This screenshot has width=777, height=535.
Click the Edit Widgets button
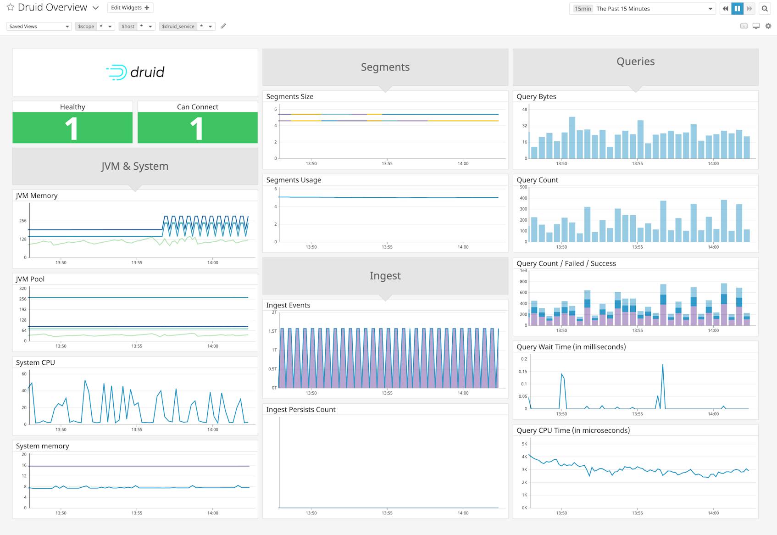(x=130, y=8)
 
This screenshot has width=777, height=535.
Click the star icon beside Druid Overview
(x=10, y=7)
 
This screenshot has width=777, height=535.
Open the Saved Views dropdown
(x=39, y=26)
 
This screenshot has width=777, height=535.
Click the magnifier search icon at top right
(x=765, y=8)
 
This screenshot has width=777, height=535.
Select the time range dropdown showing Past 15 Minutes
(x=642, y=9)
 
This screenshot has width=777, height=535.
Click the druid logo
(x=135, y=72)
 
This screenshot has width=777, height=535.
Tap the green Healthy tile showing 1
(x=72, y=128)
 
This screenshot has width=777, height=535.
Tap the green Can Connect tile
(x=197, y=128)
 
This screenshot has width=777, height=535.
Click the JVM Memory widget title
(x=37, y=195)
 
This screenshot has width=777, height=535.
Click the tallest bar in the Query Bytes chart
(x=572, y=138)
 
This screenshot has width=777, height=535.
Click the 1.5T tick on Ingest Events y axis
(x=272, y=331)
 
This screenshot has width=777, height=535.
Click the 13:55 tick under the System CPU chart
(x=137, y=429)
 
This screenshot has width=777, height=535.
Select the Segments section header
(x=385, y=67)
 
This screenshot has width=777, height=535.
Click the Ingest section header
(x=385, y=276)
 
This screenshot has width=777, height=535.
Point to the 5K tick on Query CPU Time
(x=524, y=444)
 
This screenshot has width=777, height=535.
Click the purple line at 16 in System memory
(x=138, y=466)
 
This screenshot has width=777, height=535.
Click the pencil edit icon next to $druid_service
(x=223, y=26)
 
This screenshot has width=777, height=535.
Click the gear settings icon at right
(x=768, y=26)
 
